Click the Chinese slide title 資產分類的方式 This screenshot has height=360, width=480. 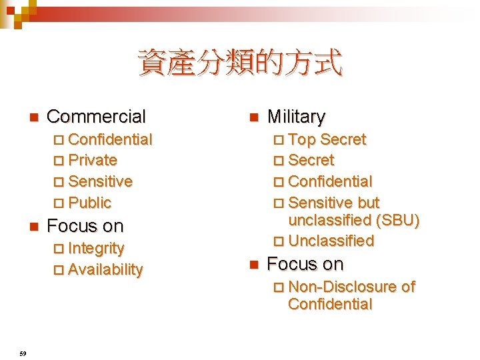(240, 64)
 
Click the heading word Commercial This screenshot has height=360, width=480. (96, 117)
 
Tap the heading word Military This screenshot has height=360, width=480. (296, 117)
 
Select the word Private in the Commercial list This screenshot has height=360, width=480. (93, 160)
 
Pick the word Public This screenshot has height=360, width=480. (89, 203)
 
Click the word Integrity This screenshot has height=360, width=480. (96, 248)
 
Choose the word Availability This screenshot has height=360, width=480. (105, 269)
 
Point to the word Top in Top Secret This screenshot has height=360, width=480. (302, 139)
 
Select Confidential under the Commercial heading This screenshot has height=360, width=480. (110, 139)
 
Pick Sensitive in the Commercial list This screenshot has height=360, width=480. (100, 181)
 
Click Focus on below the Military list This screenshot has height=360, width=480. (305, 264)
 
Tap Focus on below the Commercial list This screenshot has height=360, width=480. (85, 226)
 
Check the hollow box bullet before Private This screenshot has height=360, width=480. (58, 161)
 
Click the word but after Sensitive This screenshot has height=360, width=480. (368, 203)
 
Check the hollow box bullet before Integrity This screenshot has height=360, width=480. (58, 249)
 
